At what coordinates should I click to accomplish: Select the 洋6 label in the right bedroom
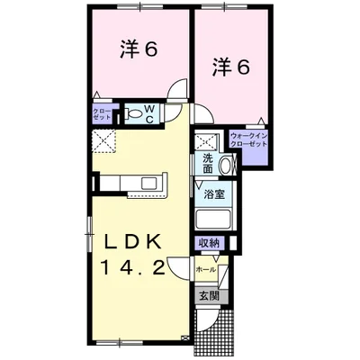(232, 66)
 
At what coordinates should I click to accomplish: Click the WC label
(150, 112)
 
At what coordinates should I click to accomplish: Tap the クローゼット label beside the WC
(102, 114)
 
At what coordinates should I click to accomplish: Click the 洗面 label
(208, 163)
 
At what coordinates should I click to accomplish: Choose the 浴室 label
(213, 193)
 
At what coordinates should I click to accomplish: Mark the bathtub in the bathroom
(214, 220)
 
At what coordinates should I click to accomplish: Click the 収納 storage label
(209, 243)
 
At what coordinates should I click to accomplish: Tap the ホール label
(206, 268)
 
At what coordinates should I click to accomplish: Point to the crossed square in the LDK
(103, 141)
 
